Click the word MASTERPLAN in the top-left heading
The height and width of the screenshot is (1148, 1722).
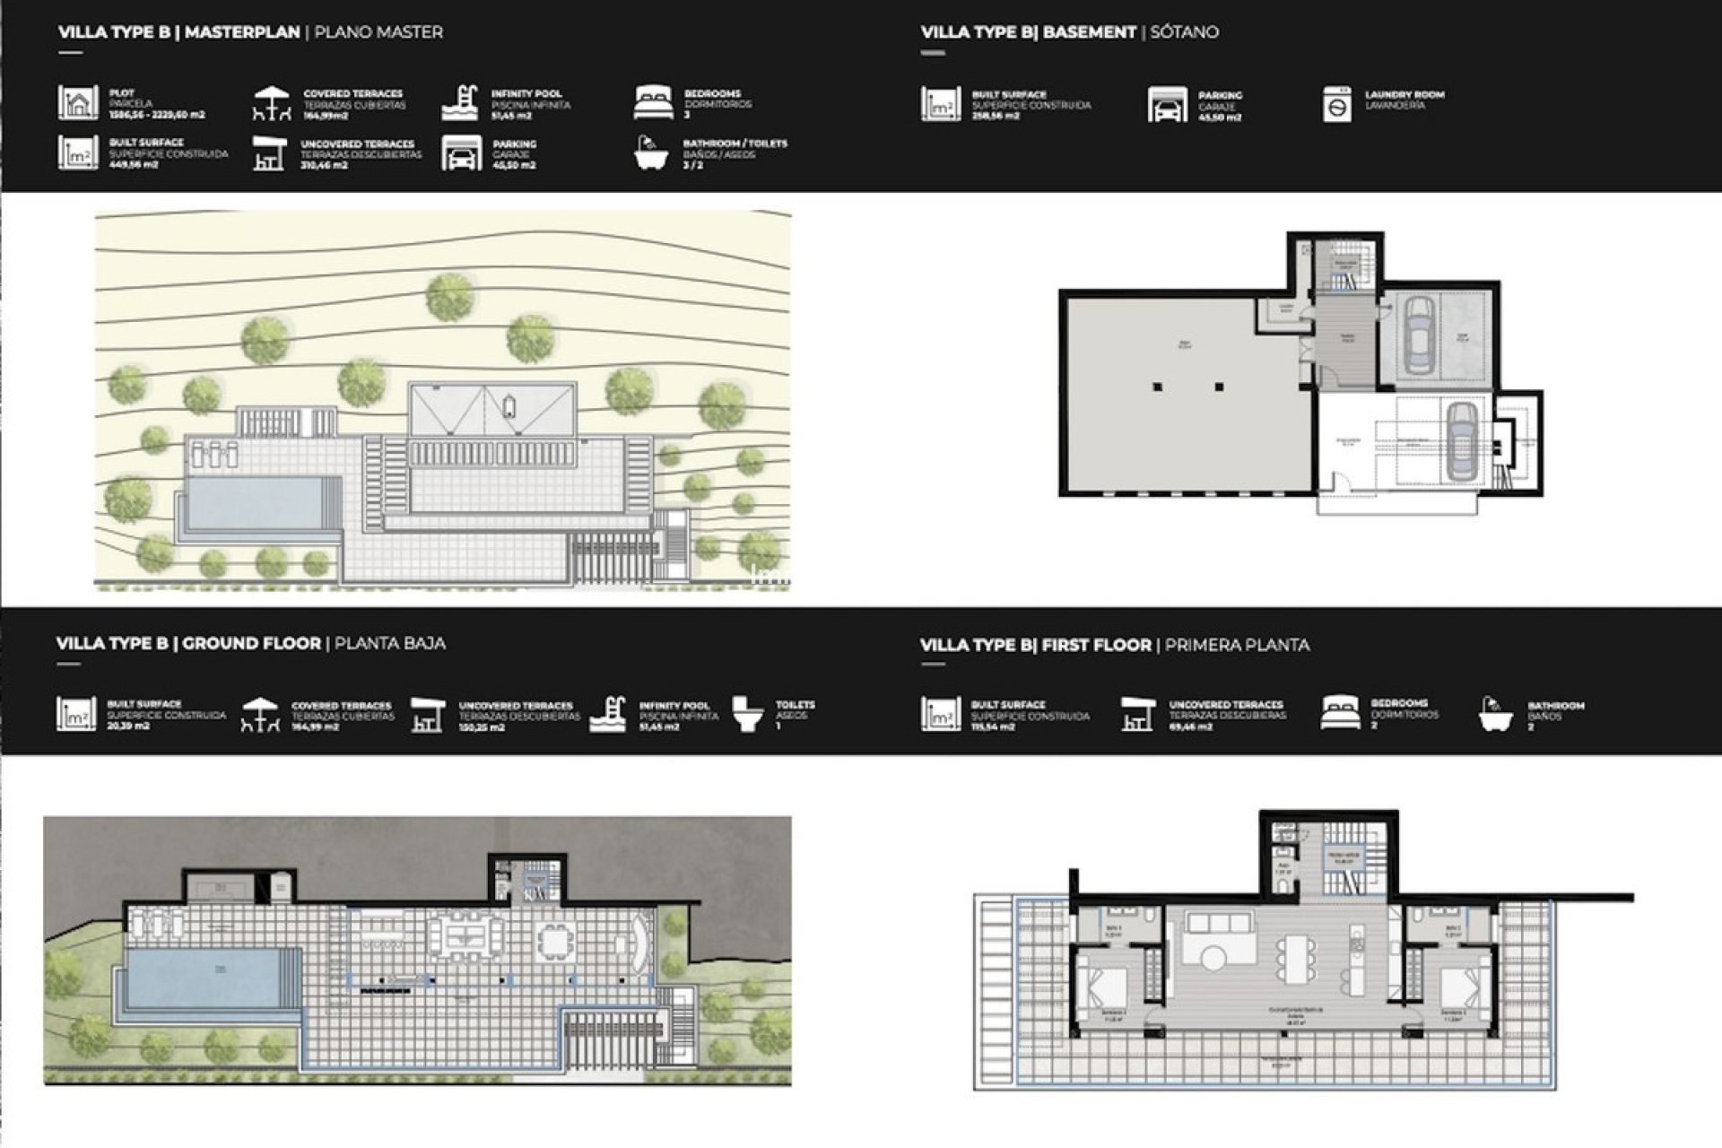click(242, 32)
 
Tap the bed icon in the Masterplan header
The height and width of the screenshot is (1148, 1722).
click(652, 103)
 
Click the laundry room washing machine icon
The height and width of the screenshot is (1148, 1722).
click(1336, 104)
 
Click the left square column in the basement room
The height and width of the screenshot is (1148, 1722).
click(1158, 387)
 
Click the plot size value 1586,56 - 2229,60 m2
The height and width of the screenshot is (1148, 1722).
click(157, 115)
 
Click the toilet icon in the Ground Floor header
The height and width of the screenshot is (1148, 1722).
click(747, 714)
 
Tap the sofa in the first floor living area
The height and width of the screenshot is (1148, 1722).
click(1218, 924)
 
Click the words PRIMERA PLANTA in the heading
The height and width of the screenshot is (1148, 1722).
click(1237, 645)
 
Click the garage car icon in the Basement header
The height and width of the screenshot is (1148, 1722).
click(1166, 105)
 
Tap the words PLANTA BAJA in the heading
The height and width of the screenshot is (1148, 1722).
click(389, 643)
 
